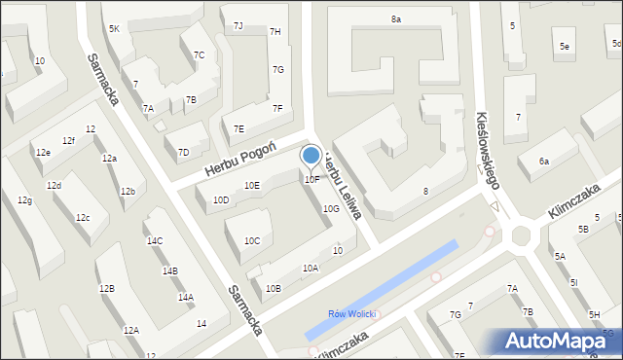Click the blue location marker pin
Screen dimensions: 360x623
(311, 156)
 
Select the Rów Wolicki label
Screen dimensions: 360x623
(352, 314)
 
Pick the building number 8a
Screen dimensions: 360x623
(396, 18)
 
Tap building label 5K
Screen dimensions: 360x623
(115, 29)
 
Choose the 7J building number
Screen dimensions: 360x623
(238, 25)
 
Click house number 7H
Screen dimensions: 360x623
(275, 32)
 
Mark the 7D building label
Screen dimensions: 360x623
(183, 152)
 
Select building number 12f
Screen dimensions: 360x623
(68, 141)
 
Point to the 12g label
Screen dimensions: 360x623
(24, 200)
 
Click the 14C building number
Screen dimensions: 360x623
(155, 240)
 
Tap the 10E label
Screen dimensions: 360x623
(252, 185)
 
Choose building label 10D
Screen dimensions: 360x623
(221, 200)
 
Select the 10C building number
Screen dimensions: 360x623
(252, 240)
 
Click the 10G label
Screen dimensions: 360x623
(331, 208)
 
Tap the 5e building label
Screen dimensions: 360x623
(565, 46)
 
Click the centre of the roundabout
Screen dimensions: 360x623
(521, 234)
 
